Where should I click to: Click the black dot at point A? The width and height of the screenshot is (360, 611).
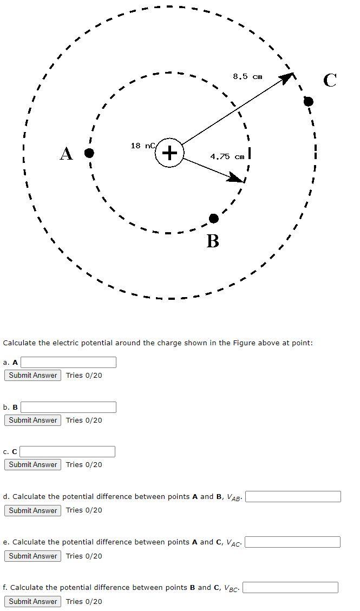coord(89,153)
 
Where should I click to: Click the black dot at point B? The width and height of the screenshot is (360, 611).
coord(214,218)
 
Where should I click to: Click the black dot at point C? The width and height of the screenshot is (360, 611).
coord(309,101)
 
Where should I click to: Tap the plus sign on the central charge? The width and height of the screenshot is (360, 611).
coord(170,153)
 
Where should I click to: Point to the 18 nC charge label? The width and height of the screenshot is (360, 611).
coord(143,146)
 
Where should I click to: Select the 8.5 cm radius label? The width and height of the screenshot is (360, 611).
coord(247,76)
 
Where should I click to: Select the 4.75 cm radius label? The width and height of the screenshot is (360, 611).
coord(227,157)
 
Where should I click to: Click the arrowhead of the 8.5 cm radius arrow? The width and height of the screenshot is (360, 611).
coord(287,78)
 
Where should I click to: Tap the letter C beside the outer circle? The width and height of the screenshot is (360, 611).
coord(330,81)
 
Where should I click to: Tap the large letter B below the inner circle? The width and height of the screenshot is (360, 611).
coord(213,240)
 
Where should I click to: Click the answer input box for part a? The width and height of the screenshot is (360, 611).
coord(68,362)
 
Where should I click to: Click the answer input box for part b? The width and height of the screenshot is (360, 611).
coord(68,407)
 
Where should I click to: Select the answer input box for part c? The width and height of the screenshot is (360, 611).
coord(68,451)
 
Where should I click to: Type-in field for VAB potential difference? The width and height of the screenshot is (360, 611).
coord(293,496)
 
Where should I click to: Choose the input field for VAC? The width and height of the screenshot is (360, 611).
coord(293,542)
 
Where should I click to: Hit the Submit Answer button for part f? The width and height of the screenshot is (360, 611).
coord(32,601)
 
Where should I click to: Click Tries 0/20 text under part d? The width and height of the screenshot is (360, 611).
coord(84,510)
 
